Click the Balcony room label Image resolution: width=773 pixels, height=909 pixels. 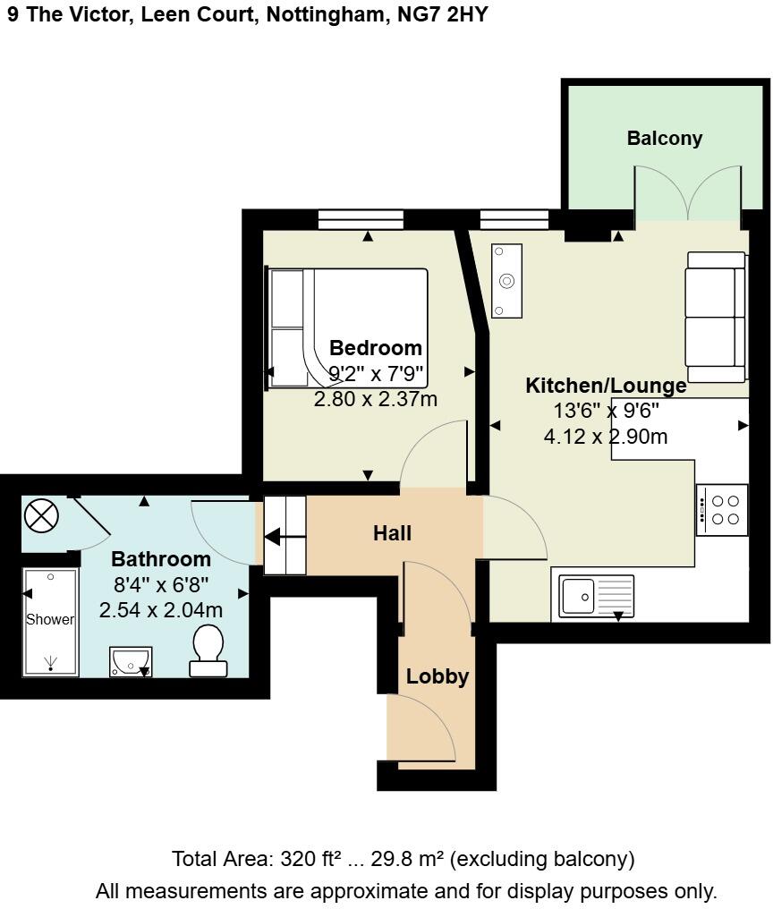664,139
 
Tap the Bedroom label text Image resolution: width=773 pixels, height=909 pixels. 376,348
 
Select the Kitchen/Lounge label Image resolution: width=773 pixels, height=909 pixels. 606,386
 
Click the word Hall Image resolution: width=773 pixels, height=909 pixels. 392,534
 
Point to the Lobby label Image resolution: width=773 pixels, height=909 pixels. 437,676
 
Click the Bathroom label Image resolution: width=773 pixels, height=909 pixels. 161,560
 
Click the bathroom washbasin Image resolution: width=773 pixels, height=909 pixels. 131,661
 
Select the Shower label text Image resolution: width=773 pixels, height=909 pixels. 50,619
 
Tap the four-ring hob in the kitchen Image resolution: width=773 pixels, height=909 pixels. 723,510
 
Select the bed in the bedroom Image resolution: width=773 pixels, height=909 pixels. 347,327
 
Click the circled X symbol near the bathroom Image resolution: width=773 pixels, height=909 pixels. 40,515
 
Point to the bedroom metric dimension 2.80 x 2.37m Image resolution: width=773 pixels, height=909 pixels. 376,399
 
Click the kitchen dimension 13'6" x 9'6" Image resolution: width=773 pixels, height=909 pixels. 606,412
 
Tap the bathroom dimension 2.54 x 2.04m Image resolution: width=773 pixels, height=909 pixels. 161,611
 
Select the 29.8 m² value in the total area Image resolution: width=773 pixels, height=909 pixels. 407,860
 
